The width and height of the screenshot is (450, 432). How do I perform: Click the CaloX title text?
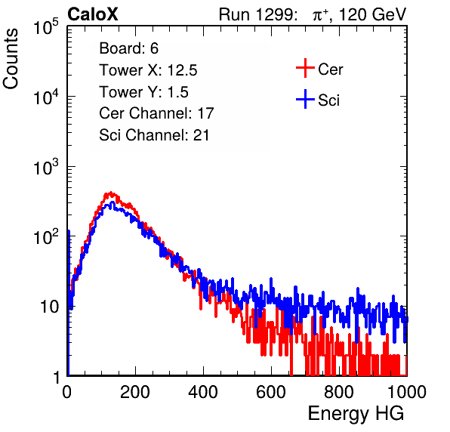[x=92, y=14]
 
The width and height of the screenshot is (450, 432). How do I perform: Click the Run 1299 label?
[x=257, y=14]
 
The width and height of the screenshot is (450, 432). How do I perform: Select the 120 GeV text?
[x=372, y=14]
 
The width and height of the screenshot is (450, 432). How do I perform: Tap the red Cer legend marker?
[x=305, y=68]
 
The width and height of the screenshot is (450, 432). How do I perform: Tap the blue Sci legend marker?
[x=305, y=100]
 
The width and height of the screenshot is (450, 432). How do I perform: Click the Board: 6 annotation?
[x=128, y=48]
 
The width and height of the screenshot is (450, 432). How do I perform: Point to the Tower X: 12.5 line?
[x=148, y=70]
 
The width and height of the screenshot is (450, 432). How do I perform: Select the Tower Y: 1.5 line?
[x=143, y=92]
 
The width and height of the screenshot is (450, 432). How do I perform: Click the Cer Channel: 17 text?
[x=156, y=113]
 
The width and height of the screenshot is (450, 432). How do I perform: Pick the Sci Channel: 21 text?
[x=154, y=135]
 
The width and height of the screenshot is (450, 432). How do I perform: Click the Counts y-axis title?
[x=11, y=59]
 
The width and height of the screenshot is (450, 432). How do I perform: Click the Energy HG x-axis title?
[x=356, y=414]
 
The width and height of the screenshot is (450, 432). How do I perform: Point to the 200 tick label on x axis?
[x=135, y=392]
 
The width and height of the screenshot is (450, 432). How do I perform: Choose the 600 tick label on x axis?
[x=271, y=392]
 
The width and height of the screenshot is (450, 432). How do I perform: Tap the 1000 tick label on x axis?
[x=407, y=392]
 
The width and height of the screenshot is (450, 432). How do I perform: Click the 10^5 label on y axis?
[x=46, y=27]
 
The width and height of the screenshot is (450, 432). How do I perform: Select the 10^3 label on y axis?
[x=46, y=167]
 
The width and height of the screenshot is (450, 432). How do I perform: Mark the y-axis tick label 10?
[x=50, y=307]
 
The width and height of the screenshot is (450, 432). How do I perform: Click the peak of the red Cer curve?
[x=111, y=193]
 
